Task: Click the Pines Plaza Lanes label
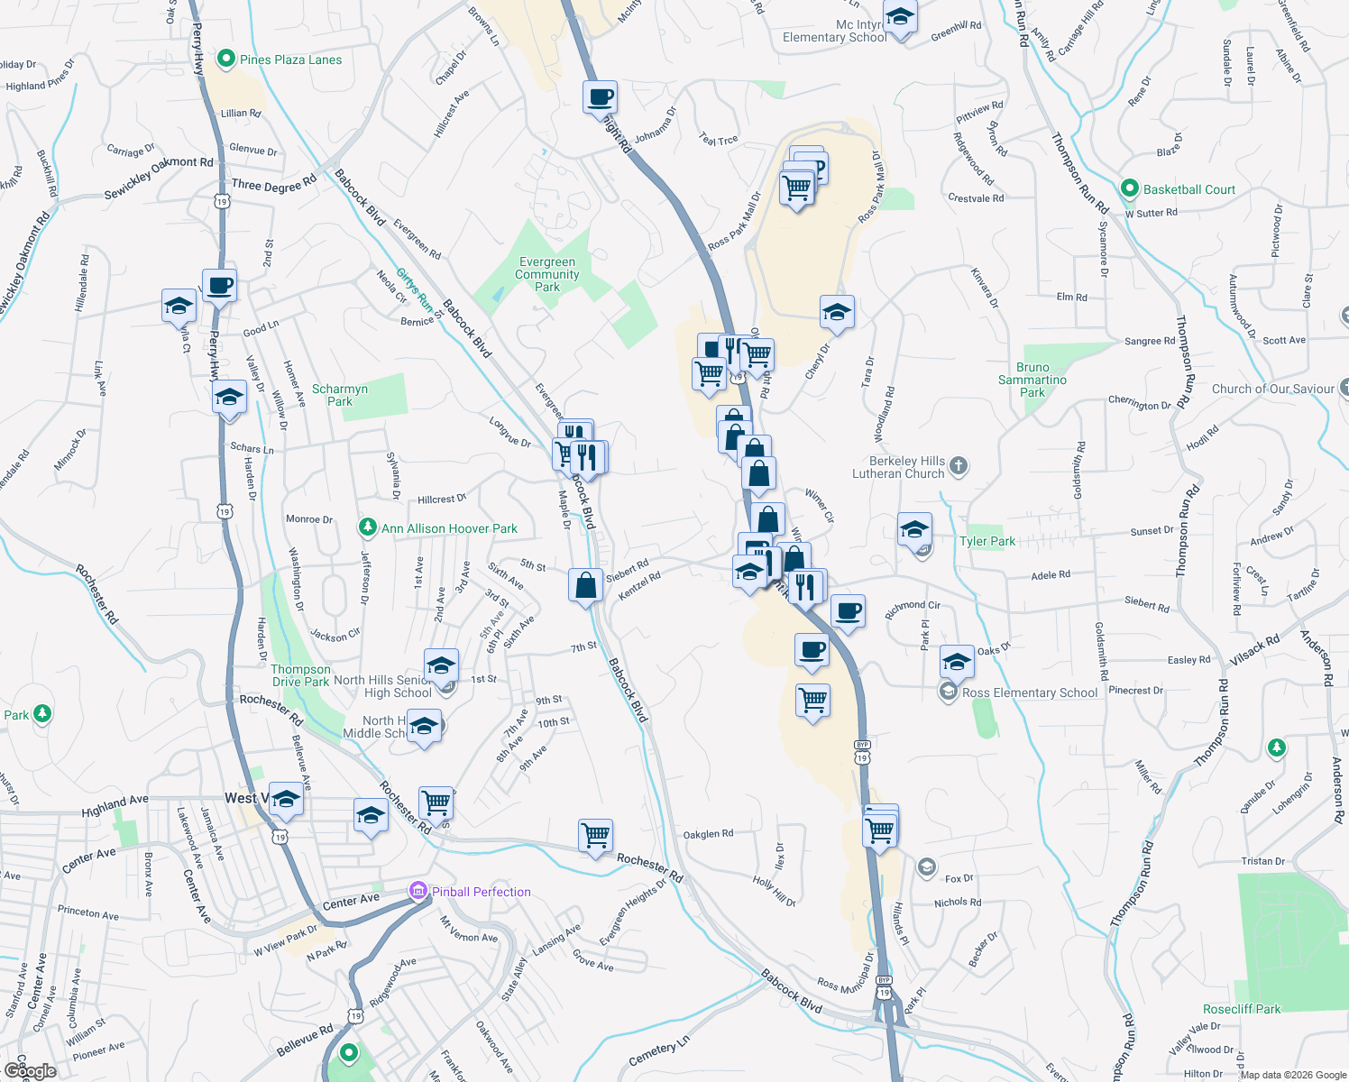(x=290, y=60)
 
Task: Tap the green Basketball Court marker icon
(x=1129, y=189)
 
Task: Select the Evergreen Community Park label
(x=547, y=274)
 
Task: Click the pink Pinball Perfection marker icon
(x=418, y=892)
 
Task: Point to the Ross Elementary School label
(x=1030, y=692)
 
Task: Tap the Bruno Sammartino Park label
(x=1032, y=380)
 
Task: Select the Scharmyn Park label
(x=340, y=395)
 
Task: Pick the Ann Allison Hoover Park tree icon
(x=367, y=527)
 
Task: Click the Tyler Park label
(x=987, y=541)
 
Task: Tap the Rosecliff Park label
(x=1242, y=1009)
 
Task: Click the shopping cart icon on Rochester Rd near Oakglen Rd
(x=595, y=835)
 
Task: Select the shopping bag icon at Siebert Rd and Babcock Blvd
(x=585, y=584)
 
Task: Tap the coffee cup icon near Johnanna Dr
(x=601, y=96)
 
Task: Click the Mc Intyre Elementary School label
(x=835, y=31)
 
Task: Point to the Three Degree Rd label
(x=274, y=184)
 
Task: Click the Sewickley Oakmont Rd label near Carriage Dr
(x=159, y=178)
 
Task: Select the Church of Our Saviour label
(x=1272, y=389)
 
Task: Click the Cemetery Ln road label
(x=659, y=1050)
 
